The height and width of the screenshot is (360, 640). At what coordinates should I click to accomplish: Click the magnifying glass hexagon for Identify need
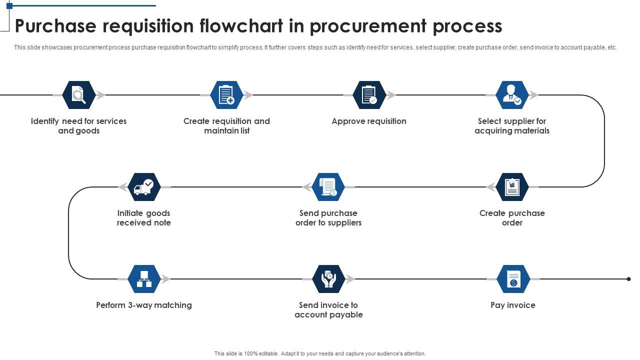(x=79, y=95)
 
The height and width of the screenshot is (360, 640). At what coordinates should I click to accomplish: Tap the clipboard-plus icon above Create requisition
(x=226, y=95)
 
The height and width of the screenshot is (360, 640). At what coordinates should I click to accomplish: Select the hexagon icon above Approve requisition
(x=369, y=95)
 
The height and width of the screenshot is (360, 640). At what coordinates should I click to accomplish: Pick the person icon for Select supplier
(x=512, y=95)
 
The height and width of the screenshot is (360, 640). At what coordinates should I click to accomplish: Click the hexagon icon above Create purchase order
(x=512, y=187)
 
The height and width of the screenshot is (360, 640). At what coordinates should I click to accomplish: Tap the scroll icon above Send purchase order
(x=328, y=187)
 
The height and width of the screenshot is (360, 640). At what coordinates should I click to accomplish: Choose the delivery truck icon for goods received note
(x=144, y=187)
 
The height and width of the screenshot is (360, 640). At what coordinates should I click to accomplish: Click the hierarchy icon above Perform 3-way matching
(x=144, y=279)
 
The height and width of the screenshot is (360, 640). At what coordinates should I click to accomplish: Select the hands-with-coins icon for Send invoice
(x=328, y=279)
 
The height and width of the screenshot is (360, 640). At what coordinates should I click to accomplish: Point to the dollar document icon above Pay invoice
(x=513, y=279)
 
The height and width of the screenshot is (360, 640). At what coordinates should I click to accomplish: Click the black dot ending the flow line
(x=628, y=279)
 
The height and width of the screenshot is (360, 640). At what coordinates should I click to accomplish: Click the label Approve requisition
(x=369, y=121)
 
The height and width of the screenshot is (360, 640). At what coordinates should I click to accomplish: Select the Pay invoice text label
(x=513, y=305)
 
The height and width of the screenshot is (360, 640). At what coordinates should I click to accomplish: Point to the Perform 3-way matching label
(x=144, y=305)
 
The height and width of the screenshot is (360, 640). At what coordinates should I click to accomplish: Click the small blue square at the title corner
(x=9, y=6)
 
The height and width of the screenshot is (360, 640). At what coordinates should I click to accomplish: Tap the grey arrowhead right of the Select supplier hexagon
(x=534, y=95)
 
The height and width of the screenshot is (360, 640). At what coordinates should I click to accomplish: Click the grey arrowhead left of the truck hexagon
(x=122, y=187)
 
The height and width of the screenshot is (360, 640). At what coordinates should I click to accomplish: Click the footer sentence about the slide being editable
(x=320, y=353)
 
